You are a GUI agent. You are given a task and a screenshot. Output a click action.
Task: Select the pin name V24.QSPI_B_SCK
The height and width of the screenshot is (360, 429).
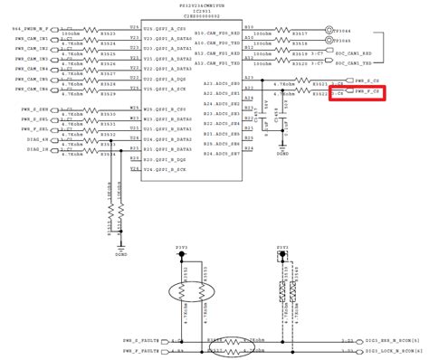click(x=167, y=168)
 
